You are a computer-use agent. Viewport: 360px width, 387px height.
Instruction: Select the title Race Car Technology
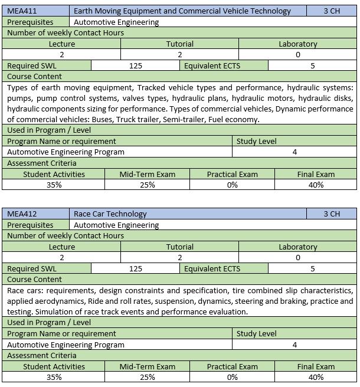pos(110,214)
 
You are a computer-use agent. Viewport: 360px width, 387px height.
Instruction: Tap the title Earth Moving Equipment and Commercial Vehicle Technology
pos(182,11)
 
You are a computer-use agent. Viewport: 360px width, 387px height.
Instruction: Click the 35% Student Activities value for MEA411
pos(54,185)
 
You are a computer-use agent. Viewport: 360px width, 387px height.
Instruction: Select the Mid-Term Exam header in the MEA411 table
pos(147,174)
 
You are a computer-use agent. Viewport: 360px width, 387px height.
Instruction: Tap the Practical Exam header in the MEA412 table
pos(232,366)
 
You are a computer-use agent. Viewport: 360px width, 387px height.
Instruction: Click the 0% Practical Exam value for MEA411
pos(232,185)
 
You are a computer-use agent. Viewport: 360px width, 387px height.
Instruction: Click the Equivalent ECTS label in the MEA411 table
pos(212,66)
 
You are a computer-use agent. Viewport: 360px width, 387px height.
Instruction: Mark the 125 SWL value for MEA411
pos(135,66)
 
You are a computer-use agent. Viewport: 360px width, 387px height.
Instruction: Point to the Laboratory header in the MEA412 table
pos(297,247)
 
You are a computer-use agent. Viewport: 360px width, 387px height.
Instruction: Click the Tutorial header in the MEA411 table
pos(179,44)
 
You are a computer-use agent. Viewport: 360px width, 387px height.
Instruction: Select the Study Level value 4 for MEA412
pos(294,345)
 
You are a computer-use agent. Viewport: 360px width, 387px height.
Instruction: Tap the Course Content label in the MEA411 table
pos(34,77)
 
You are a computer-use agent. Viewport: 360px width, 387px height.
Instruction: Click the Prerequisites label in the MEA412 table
pos(30,225)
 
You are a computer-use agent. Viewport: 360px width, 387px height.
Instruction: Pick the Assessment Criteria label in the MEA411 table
pos(42,163)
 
